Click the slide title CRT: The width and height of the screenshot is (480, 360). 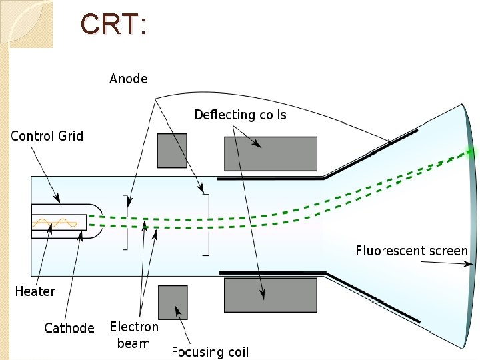click(113, 25)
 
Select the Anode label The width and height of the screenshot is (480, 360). click(128, 79)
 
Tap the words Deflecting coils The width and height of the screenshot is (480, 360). click(240, 115)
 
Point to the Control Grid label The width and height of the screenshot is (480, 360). click(47, 136)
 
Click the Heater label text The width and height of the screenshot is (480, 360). click(35, 291)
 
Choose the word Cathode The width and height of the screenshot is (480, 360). click(69, 328)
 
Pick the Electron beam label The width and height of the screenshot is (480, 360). click(134, 335)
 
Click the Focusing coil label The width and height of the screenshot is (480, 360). click(210, 351)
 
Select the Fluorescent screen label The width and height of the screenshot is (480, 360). click(411, 251)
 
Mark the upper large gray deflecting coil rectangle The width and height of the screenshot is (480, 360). click(270, 153)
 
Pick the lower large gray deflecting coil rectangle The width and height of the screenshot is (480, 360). click(270, 295)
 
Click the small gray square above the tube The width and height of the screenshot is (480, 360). click(172, 150)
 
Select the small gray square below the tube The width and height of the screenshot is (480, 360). click(172, 302)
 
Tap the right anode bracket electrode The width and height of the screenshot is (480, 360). click(207, 224)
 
